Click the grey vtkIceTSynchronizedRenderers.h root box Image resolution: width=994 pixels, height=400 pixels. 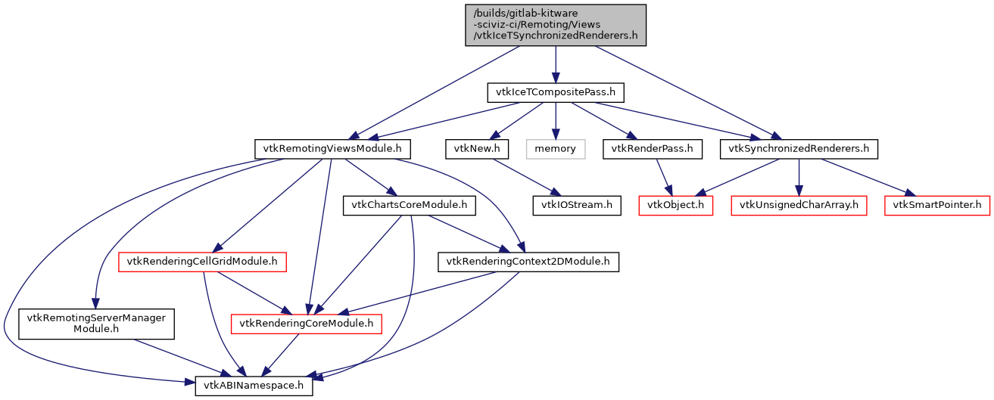(x=556, y=25)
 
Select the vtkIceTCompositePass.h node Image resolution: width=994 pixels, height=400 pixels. (x=556, y=93)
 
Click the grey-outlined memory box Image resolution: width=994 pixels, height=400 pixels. (x=556, y=149)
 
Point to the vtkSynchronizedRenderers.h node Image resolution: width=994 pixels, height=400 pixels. (x=799, y=149)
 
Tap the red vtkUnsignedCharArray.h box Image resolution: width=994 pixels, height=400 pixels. (x=799, y=205)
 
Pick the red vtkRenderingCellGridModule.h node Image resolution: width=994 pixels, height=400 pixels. (x=202, y=262)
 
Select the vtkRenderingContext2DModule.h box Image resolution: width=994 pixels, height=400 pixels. (x=528, y=262)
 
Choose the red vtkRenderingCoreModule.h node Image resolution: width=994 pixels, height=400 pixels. (x=307, y=324)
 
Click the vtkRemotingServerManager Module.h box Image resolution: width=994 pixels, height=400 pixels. (x=96, y=323)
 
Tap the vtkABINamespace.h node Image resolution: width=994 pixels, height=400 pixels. (x=254, y=385)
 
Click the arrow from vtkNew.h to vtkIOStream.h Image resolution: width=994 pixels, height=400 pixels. (x=522, y=177)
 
